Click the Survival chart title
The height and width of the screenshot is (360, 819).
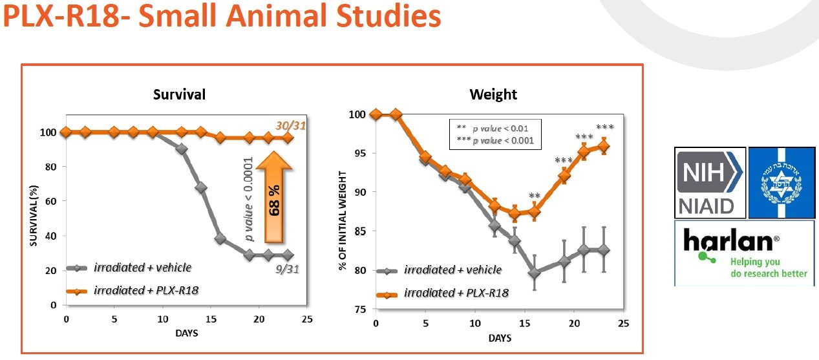coord(179,94)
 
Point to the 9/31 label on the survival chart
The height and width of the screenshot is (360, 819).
coord(288,267)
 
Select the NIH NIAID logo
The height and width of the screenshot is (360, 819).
coord(710,183)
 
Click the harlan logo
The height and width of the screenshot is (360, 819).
coord(743,253)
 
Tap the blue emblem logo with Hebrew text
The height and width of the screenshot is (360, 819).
coord(783,183)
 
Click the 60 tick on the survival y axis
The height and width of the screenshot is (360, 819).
coord(52,201)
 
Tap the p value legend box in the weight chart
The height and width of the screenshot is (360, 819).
coord(495,134)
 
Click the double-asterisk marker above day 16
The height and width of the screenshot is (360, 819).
coord(535,196)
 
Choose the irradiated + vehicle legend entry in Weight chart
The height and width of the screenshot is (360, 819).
coord(452,270)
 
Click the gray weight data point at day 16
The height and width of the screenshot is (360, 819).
coord(535,273)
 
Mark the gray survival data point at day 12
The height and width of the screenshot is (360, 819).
coord(182,149)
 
